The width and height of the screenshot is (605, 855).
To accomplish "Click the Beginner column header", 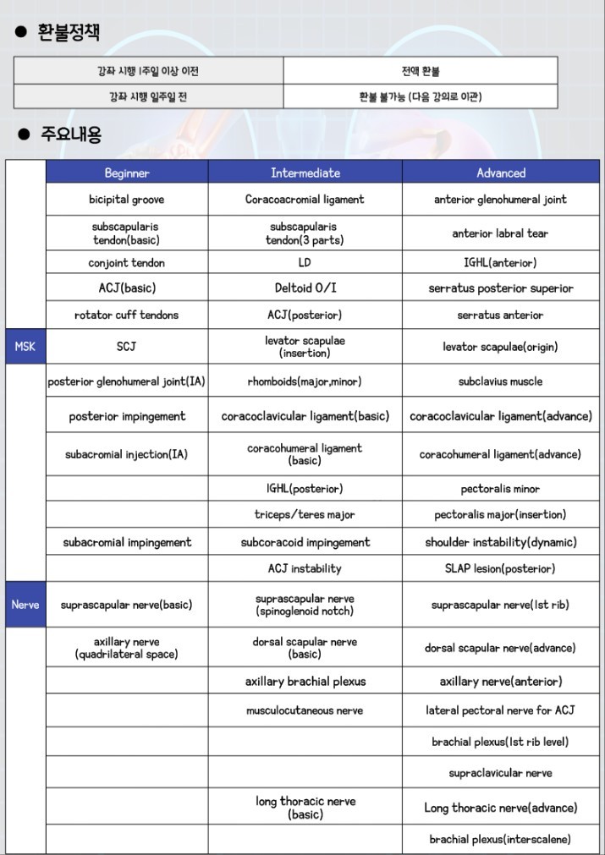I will click(127, 173).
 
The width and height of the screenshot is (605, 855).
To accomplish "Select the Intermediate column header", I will click(305, 173).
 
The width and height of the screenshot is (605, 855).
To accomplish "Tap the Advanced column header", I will click(501, 173).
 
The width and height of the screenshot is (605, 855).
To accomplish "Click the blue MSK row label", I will click(25, 346).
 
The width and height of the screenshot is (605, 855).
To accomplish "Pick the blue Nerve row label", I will click(25, 605).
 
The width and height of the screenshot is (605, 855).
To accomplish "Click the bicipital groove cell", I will click(127, 200).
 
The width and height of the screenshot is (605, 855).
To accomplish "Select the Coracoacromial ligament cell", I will click(305, 200).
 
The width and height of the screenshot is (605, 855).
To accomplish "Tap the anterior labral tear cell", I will click(500, 233).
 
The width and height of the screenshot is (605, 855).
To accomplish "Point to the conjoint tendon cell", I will click(127, 263).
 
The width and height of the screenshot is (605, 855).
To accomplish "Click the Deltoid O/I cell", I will click(305, 288).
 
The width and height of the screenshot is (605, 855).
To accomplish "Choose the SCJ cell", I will click(127, 347).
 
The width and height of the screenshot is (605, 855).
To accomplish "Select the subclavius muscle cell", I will click(500, 381).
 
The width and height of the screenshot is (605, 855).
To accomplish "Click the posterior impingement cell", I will click(127, 416).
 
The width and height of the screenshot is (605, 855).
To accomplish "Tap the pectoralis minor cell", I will click(500, 489).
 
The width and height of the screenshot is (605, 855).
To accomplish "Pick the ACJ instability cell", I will click(305, 568).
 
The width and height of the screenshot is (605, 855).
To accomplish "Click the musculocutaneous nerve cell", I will click(305, 710).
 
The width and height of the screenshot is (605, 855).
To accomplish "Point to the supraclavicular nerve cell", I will click(500, 773).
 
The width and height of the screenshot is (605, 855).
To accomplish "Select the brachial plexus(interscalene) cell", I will click(500, 839).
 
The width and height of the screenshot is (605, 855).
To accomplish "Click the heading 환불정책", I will click(69, 33).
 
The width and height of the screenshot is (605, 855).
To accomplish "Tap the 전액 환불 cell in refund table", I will click(421, 71).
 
